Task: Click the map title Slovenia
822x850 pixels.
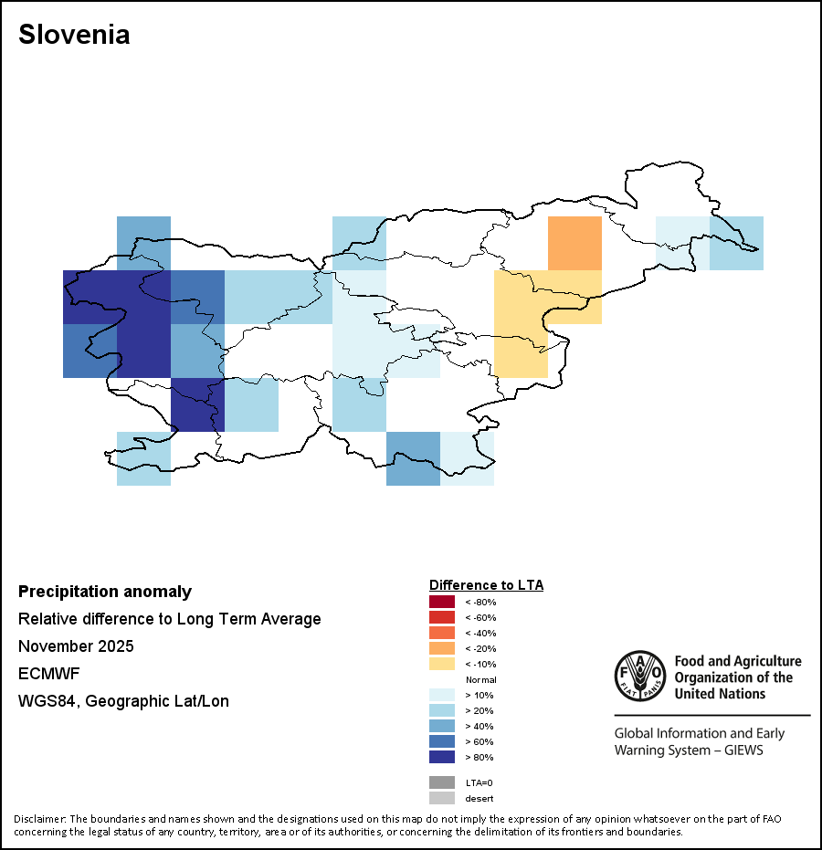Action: click(74, 35)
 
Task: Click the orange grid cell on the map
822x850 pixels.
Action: click(574, 244)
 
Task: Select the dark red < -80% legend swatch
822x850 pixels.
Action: click(442, 602)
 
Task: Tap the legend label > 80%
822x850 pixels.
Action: click(479, 757)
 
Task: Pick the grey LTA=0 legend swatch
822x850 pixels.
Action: click(442, 782)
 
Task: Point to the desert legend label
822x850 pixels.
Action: click(479, 799)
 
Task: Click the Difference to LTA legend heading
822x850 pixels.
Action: click(487, 585)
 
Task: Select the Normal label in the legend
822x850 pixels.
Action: click(481, 680)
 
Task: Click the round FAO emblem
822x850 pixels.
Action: click(640, 676)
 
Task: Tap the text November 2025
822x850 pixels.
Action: click(76, 646)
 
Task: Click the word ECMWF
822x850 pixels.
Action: click(48, 674)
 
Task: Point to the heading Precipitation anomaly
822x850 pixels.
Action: click(105, 592)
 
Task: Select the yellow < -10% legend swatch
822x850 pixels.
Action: click(442, 664)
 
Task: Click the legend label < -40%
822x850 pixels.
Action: click(481, 634)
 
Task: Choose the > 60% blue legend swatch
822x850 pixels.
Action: click(442, 741)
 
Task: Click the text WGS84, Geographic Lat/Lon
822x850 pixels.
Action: click(123, 701)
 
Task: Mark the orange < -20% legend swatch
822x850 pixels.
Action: click(442, 648)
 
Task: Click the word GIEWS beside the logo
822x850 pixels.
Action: click(743, 750)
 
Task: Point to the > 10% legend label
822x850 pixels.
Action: click(479, 695)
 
